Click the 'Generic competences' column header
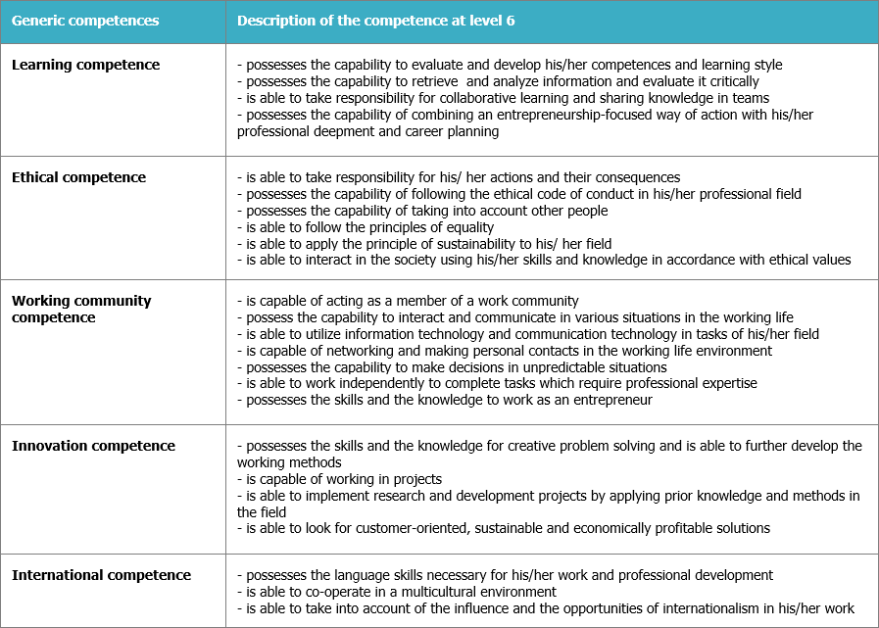coord(84,21)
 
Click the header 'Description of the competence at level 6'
coord(376,21)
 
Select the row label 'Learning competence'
coord(85,65)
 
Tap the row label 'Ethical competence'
coord(78,177)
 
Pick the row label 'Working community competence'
coord(81,309)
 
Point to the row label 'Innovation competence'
coord(93,446)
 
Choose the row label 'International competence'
coord(101,575)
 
